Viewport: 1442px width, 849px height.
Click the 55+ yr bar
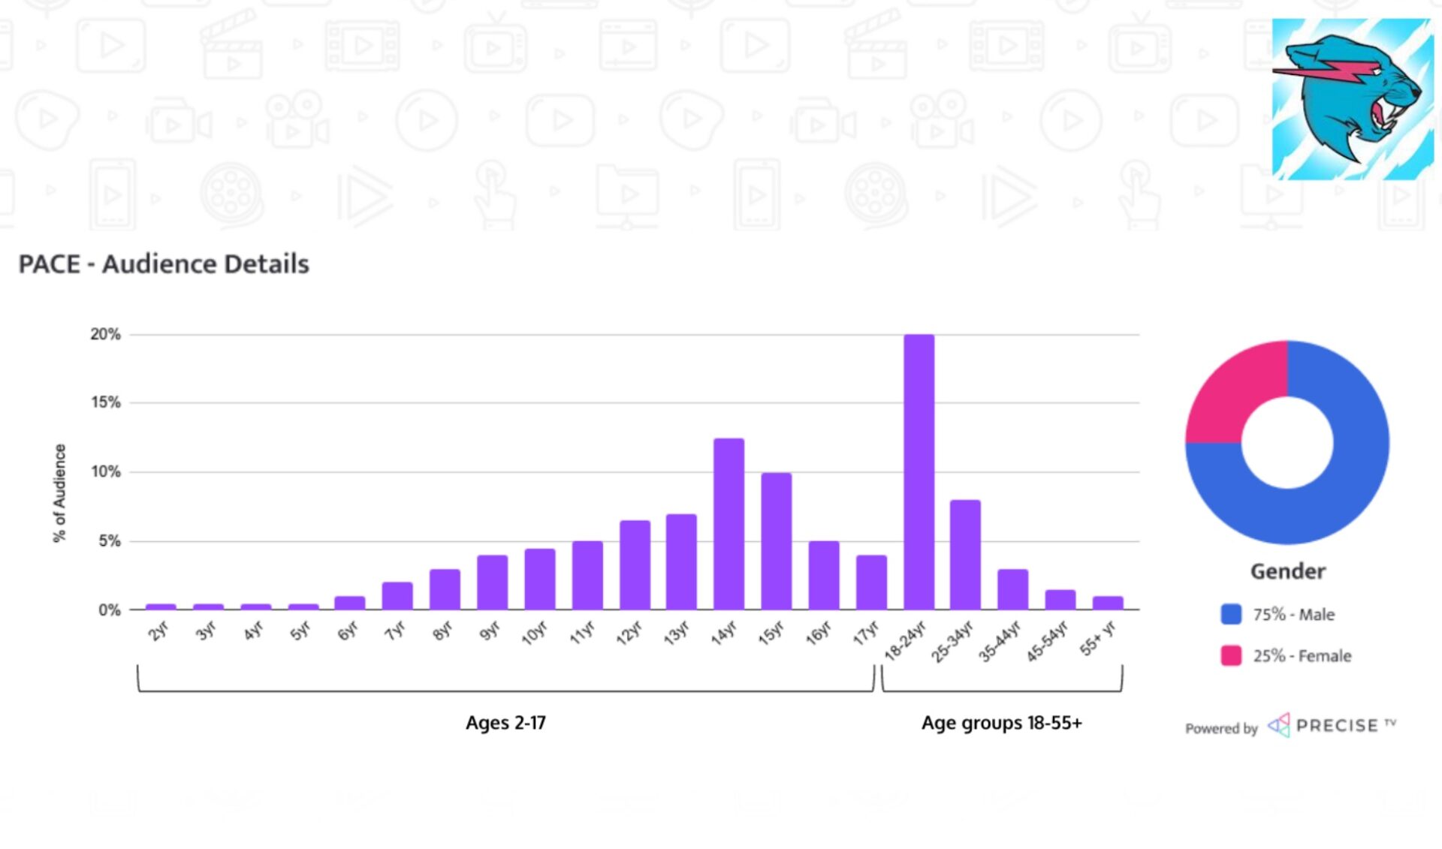pos(1108,603)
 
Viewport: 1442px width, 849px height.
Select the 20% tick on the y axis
pos(105,334)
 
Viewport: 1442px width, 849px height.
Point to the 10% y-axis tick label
pos(105,471)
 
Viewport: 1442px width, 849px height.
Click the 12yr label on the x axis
pos(629,634)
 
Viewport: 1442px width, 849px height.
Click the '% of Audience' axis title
pos(59,492)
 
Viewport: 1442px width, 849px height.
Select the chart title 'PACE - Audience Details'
pos(164,264)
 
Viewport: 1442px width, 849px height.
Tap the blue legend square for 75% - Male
pos(1231,614)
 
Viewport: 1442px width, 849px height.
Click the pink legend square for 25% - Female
pos(1231,655)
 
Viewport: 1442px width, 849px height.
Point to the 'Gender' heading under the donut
pos(1287,571)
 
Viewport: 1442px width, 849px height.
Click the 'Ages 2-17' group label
pos(505,722)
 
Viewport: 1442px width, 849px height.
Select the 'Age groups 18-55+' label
pos(1001,722)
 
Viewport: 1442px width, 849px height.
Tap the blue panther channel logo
pos(1352,99)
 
